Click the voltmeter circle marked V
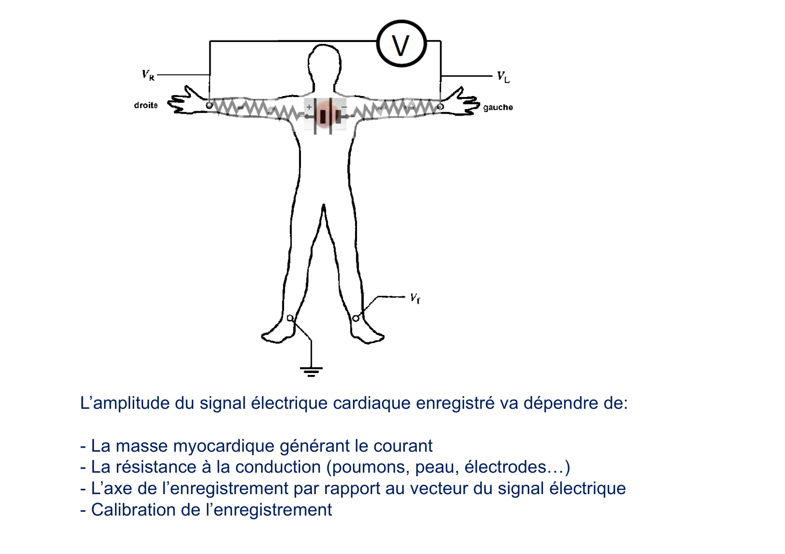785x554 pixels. (x=401, y=44)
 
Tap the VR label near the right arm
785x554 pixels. (x=148, y=75)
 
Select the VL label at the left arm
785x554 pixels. (x=503, y=77)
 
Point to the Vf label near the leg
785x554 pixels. (x=415, y=298)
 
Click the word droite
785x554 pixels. (x=146, y=105)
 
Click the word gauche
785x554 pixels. (x=498, y=107)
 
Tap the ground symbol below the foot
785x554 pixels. (x=311, y=371)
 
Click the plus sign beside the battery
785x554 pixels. (x=309, y=107)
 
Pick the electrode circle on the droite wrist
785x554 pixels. (x=209, y=105)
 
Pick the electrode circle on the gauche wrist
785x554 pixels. (x=440, y=107)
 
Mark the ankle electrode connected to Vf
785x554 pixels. (x=356, y=318)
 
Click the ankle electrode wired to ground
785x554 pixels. (x=290, y=318)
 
